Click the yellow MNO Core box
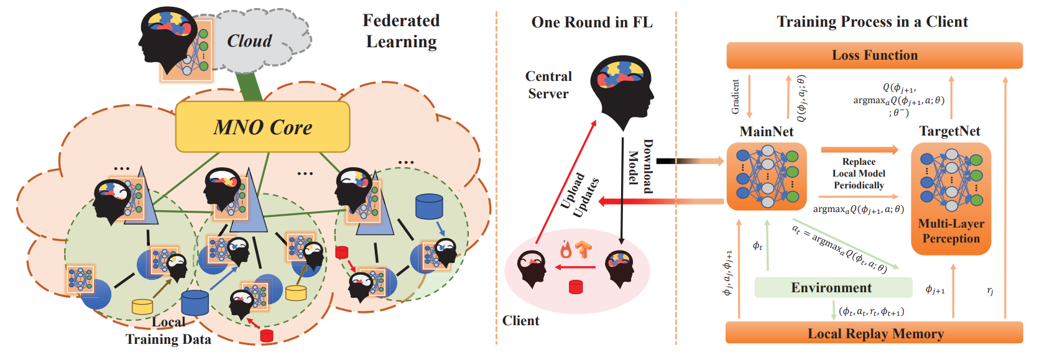click(x=263, y=127)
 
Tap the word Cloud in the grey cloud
click(x=249, y=41)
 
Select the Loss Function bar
click(x=875, y=55)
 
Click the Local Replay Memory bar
click(x=875, y=333)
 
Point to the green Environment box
click(x=833, y=287)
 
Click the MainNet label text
click(x=767, y=131)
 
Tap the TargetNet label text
click(x=949, y=131)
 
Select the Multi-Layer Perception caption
click(x=951, y=231)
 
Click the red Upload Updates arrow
click(x=566, y=182)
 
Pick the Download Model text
click(x=641, y=166)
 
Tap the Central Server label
click(x=548, y=85)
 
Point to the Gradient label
click(x=736, y=97)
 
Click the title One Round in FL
click(x=592, y=22)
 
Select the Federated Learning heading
click(x=401, y=31)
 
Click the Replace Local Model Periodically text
click(x=859, y=173)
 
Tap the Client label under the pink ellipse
click(x=520, y=321)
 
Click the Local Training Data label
click(x=168, y=331)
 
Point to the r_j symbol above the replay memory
click(x=990, y=291)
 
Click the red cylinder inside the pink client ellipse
click(x=576, y=287)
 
